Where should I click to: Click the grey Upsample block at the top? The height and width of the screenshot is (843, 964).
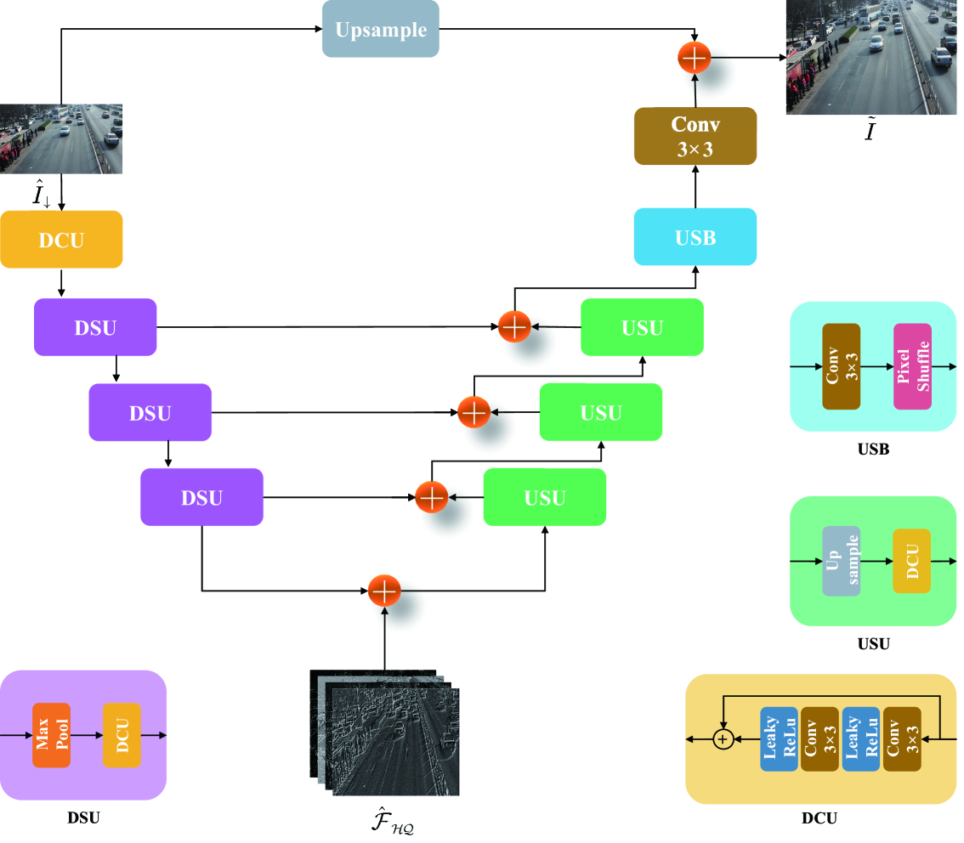[x=380, y=29]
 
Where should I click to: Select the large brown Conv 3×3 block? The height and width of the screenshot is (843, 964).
[x=695, y=136]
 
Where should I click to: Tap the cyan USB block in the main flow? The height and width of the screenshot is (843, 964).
[x=695, y=237]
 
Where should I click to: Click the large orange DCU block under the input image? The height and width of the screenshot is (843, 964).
[x=61, y=240]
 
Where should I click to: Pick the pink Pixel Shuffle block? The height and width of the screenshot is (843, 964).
[x=912, y=366]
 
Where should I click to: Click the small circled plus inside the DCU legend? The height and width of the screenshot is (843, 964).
[x=723, y=740]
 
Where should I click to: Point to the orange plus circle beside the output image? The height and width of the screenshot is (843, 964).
[x=695, y=58]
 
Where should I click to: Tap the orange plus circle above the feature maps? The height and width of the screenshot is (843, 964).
[x=384, y=590]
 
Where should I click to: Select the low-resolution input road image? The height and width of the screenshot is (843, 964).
[x=61, y=139]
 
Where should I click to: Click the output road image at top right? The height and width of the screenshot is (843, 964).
[x=875, y=57]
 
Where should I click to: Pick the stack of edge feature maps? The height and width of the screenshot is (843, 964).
[x=383, y=733]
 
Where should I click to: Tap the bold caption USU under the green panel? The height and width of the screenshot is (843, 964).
[x=873, y=644]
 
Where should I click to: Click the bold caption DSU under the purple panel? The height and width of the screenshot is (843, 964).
[x=83, y=818]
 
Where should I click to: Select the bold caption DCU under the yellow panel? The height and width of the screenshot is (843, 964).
[x=819, y=819]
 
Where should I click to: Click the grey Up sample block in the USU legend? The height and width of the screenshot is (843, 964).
[x=842, y=561]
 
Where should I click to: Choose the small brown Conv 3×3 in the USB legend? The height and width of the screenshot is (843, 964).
[x=842, y=366]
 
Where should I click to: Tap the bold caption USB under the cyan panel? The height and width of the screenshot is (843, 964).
[x=873, y=449]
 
